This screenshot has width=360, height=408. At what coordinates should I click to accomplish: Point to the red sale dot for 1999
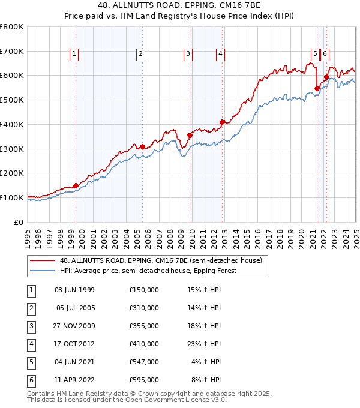(x=76, y=185)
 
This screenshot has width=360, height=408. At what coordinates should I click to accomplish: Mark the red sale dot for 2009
(x=190, y=135)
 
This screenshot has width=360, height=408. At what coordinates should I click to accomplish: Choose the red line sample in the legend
(x=42, y=261)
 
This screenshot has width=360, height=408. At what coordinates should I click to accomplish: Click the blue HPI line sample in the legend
(x=42, y=271)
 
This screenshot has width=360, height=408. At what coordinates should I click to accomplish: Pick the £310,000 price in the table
(x=144, y=308)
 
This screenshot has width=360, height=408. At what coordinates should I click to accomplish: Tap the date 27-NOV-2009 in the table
(x=75, y=326)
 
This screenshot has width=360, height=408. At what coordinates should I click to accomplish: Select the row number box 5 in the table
(x=30, y=362)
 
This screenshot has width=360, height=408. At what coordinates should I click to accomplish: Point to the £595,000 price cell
(x=144, y=380)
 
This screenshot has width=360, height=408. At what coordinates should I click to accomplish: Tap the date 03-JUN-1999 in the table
(x=75, y=290)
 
